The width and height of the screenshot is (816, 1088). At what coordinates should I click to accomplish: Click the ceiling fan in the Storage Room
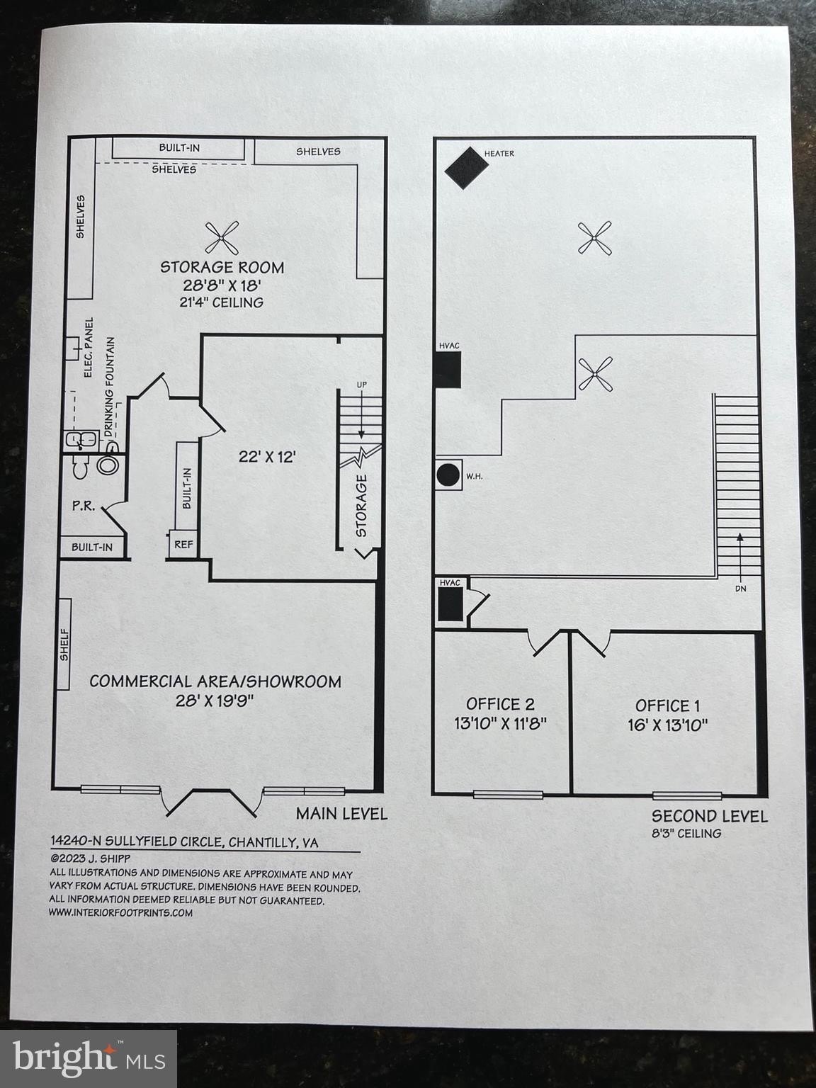222,238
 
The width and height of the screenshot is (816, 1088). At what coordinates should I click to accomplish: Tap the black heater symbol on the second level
466,168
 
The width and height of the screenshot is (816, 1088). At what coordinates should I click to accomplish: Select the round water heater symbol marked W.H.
448,474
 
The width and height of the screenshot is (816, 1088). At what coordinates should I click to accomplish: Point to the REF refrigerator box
183,545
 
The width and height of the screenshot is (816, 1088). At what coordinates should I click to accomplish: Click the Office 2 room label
500,703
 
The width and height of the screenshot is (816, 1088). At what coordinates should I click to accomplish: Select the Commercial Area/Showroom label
215,681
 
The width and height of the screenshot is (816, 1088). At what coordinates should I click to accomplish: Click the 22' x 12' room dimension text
266,457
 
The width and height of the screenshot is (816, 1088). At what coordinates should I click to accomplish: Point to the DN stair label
740,588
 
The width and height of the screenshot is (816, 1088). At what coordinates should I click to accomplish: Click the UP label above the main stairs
361,385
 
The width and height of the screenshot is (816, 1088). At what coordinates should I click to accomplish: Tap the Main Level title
341,813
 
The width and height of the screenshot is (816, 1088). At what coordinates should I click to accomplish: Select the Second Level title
709,816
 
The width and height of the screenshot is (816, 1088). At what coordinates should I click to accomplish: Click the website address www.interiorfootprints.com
120,912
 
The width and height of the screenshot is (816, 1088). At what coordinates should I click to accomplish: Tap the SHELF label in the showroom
64,644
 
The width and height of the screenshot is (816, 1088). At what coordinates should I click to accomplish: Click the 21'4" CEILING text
210,302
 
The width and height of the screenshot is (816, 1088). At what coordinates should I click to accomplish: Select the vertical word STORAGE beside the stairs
361,505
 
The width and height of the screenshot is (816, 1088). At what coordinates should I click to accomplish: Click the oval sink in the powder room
108,465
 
